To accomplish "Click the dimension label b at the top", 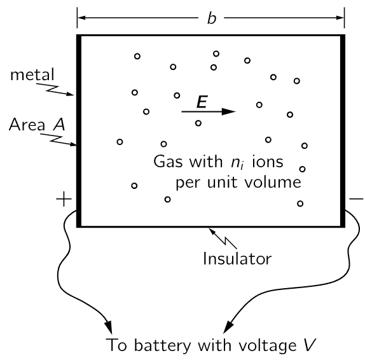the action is point(212,18).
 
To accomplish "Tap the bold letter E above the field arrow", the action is point(202,102).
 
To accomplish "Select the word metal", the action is point(32,75).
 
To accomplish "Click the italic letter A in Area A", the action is point(59,124).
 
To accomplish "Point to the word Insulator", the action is point(237,258).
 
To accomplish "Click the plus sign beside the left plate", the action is point(64,199).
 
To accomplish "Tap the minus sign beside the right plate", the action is point(356,198).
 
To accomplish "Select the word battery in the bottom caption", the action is point(162,345).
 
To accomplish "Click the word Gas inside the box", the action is point(168,162).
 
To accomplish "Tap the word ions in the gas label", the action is point(268,162).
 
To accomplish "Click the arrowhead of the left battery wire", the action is point(109,328).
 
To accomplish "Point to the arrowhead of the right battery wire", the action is point(228,327).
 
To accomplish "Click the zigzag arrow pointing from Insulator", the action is point(223,239).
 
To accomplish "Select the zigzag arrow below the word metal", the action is point(55,90).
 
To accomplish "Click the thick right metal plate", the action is point(342,131).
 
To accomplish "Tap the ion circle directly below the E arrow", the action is point(198,123).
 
